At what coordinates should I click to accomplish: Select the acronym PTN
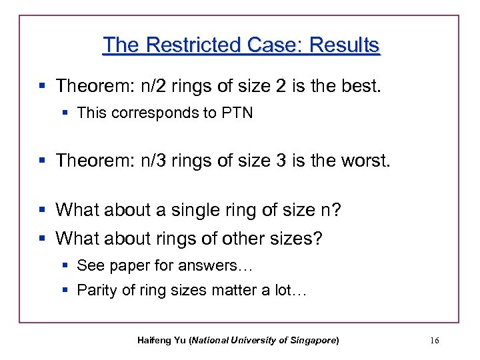point(237,113)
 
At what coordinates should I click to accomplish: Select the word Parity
point(96,290)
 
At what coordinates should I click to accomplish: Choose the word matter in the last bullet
point(218,290)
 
